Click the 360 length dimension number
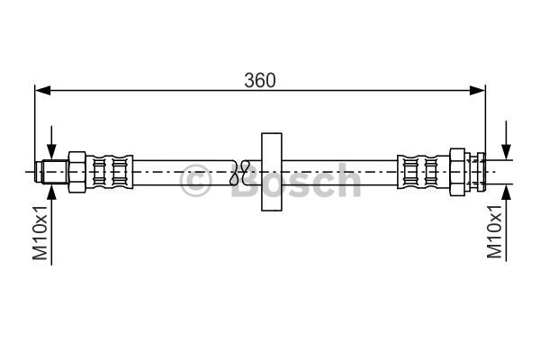260,79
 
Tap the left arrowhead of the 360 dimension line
41,90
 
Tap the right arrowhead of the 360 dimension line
479,90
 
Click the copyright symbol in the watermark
196,183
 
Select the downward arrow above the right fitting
508,144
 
